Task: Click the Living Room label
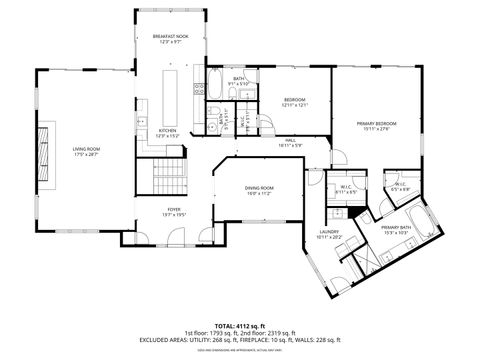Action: click(86, 152)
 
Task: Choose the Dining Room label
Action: click(259, 190)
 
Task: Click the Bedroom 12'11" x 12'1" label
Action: click(294, 102)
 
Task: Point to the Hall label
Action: click(290, 143)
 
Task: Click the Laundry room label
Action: click(329, 233)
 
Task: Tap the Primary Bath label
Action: click(396, 230)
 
